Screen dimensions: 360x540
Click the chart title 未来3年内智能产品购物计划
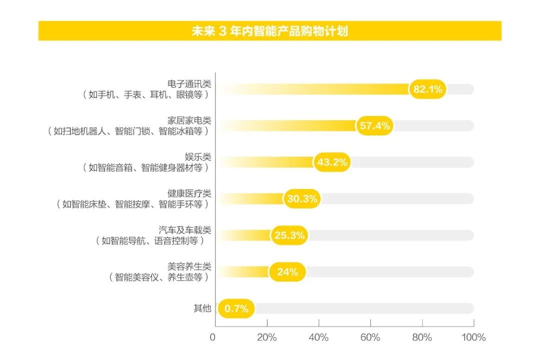point(270,31)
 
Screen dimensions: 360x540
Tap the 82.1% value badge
point(427,89)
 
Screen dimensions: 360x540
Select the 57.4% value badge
point(374,126)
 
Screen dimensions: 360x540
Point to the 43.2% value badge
point(332,162)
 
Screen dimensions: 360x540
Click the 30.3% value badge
point(302,199)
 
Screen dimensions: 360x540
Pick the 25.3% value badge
point(289,235)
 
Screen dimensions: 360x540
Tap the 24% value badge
point(287,272)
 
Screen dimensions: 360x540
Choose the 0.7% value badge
point(236,308)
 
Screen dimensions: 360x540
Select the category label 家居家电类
point(189,120)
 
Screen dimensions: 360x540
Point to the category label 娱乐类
point(198,157)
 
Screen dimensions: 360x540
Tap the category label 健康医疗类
point(189,193)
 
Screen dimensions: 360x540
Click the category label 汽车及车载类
point(185,230)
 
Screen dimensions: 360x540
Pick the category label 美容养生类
point(189,266)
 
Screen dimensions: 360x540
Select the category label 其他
point(202,308)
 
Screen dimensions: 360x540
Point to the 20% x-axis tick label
point(266,337)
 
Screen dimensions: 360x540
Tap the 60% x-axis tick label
point(370,337)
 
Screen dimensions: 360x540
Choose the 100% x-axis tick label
point(473,337)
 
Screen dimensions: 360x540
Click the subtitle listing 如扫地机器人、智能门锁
point(127,131)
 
